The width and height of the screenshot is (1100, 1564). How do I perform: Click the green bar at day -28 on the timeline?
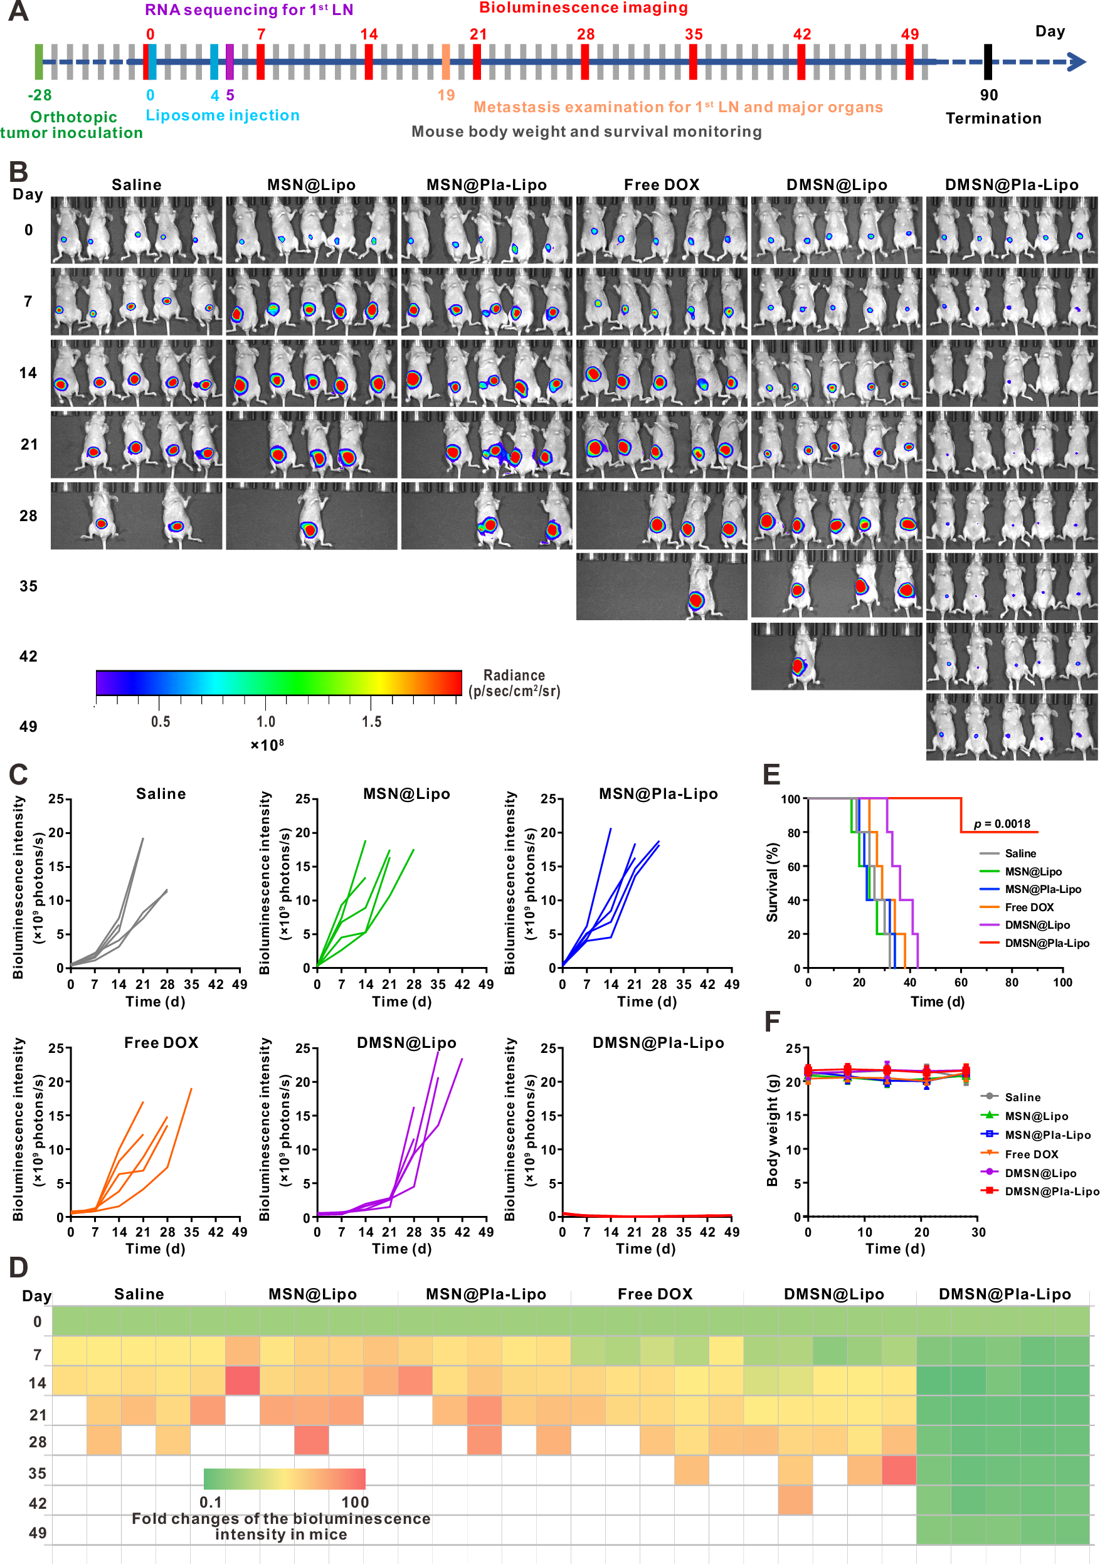coord(39,61)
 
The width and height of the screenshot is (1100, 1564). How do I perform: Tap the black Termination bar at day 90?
coord(987,62)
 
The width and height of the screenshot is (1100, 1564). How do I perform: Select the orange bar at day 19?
coord(445,61)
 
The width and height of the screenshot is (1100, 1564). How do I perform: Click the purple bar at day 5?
coord(230,61)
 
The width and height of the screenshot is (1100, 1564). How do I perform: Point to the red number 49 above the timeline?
coord(909,34)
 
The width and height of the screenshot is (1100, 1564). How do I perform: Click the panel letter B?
coord(18,172)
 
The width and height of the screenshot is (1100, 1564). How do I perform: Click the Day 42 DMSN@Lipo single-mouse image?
coord(836,656)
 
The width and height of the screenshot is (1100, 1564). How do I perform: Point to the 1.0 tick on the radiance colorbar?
coord(266,721)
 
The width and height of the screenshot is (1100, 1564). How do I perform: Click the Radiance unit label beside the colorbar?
coord(514,683)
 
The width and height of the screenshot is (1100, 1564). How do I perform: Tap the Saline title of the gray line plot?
coord(161,793)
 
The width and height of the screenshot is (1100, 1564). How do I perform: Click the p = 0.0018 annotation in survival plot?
coord(1002,823)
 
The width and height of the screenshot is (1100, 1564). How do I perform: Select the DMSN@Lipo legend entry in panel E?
coord(1037,925)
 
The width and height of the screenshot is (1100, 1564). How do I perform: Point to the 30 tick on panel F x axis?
coord(978,1232)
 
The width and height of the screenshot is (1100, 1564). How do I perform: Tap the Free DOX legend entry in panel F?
coord(1031,1154)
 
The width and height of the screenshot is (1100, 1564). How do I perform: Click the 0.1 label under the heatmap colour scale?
coord(211,1502)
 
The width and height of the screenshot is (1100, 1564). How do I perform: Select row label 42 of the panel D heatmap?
coord(38,1503)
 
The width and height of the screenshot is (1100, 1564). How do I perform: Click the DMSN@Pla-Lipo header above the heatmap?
coord(1004,1294)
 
